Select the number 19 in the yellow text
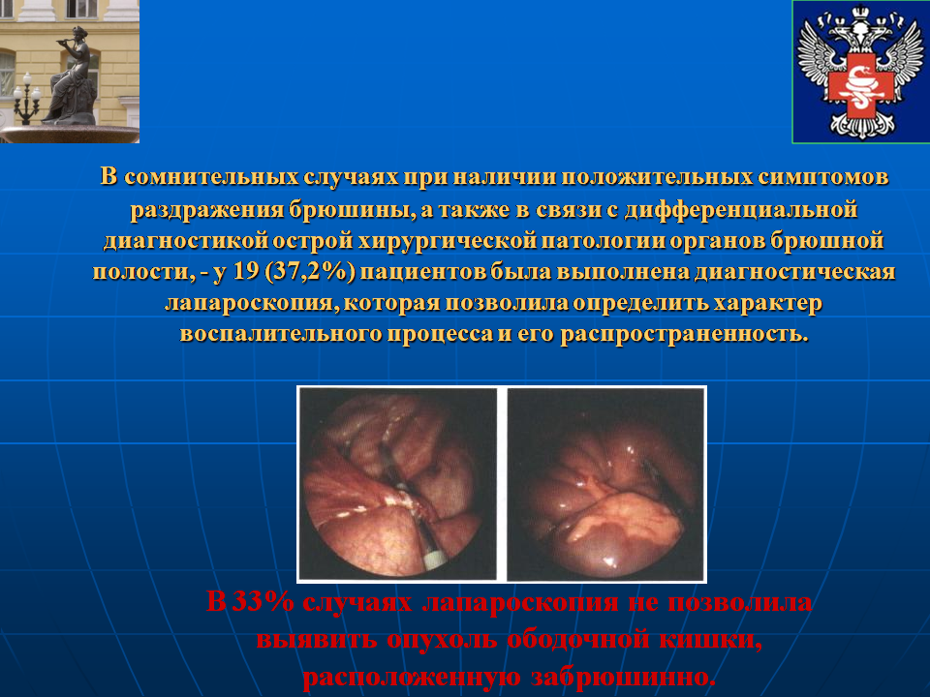pos(246,271)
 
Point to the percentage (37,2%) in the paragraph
pos(310,272)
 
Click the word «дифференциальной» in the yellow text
pos(741,209)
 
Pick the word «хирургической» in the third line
pos(448,241)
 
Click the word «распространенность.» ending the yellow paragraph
pos(685,335)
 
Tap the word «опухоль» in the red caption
pos(442,640)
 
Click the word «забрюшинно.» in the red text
pos(623,678)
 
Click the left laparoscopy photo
pos(398,484)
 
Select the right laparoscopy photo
pos(605,484)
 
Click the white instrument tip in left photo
pos(434,559)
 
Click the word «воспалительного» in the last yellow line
pos(281,335)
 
